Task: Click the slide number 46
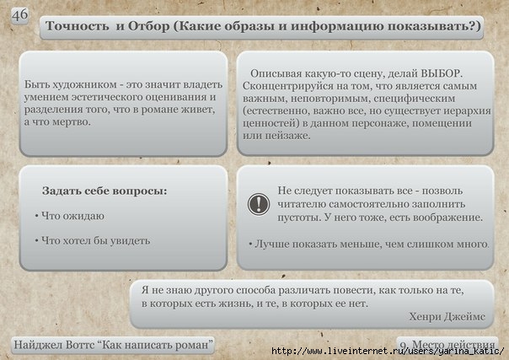click(19, 15)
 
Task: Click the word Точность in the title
click(78, 26)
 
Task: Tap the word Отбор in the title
click(149, 26)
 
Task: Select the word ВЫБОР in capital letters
click(441, 73)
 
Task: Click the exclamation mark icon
click(259, 204)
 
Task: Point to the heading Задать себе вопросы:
click(104, 191)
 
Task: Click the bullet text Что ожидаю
click(72, 216)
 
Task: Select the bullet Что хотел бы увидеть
click(95, 241)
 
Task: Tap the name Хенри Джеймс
click(447, 316)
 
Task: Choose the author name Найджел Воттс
click(54, 345)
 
